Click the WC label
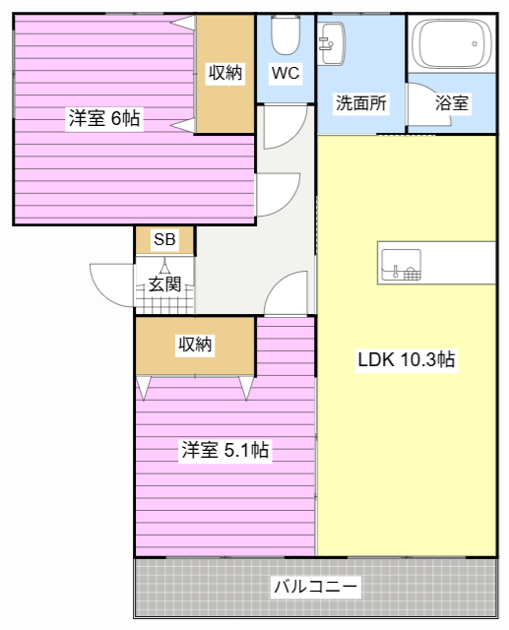tap(286, 73)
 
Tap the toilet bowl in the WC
tap(286, 35)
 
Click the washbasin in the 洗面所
tap(331, 43)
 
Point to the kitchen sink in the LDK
tap(401, 265)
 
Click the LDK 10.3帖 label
tap(407, 359)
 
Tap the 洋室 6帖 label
tap(104, 118)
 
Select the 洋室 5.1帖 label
tap(225, 450)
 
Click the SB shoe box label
tap(164, 239)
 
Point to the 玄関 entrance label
tap(164, 284)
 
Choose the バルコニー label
tap(316, 587)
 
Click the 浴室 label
tap(452, 102)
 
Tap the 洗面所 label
tap(361, 102)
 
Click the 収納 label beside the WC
tap(225, 73)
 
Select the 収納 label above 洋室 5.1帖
tap(195, 345)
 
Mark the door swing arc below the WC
tap(295, 136)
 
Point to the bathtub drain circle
tap(475, 43)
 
